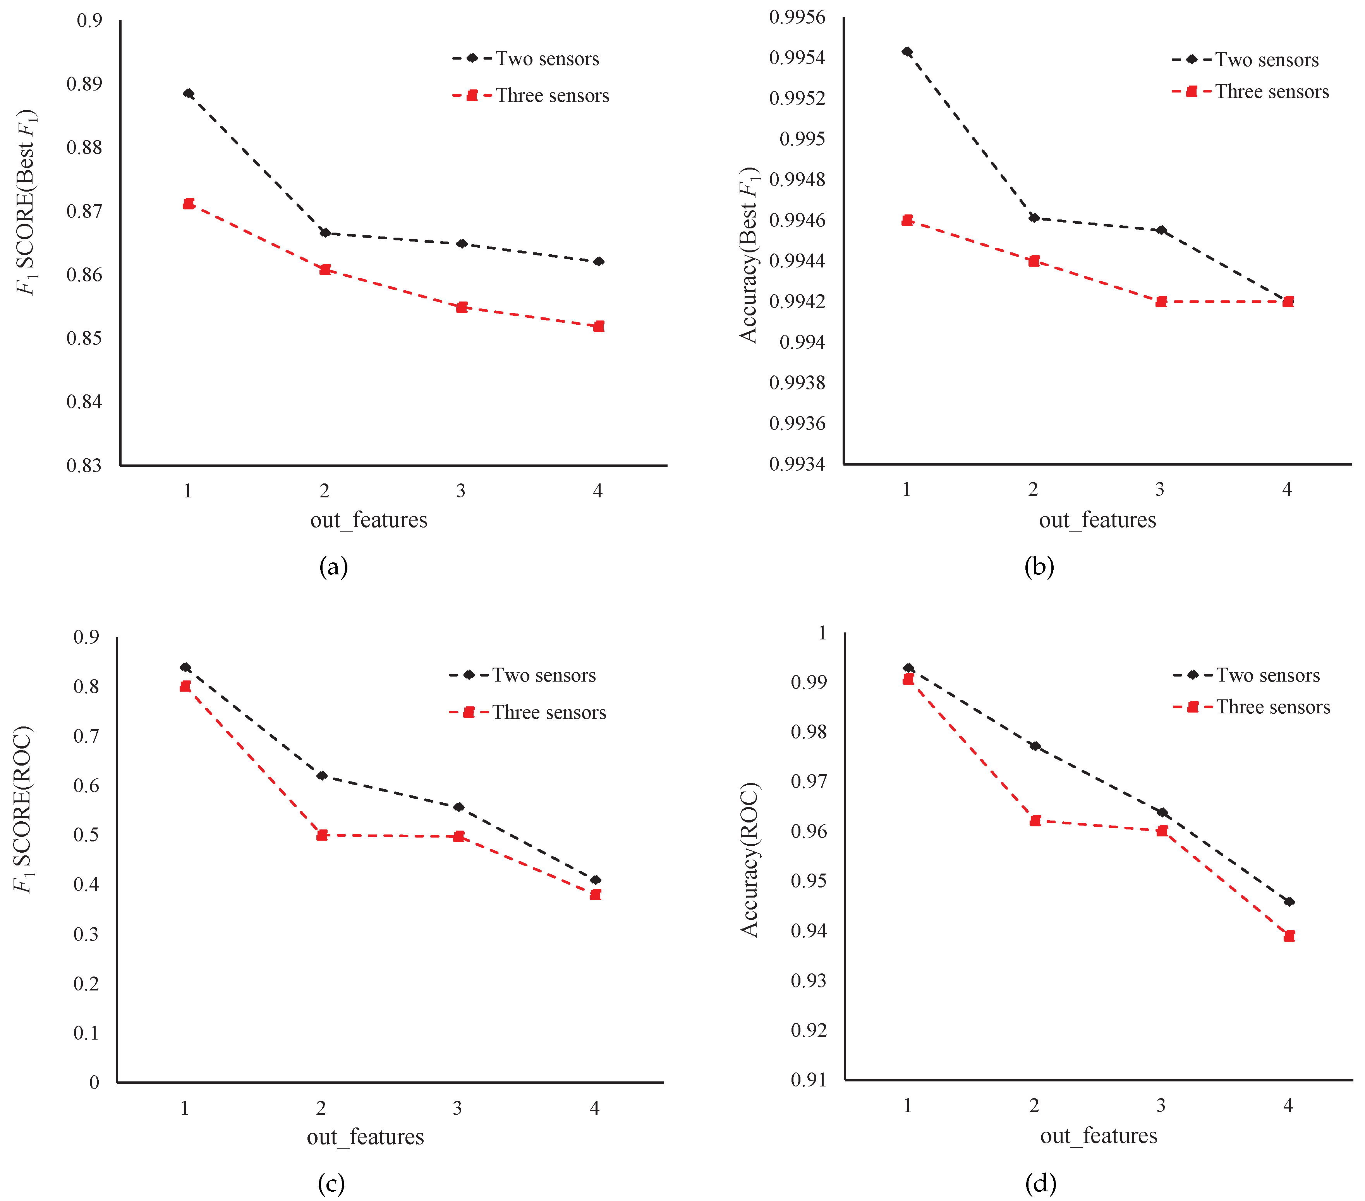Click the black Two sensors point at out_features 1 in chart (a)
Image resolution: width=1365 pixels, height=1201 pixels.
[188, 93]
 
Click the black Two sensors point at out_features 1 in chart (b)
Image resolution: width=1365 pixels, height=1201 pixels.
[907, 51]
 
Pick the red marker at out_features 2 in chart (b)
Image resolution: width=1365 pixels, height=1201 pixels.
[1034, 261]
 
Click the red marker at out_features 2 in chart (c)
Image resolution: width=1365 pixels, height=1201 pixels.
[322, 835]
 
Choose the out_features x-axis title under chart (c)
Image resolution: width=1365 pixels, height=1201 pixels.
[365, 1136]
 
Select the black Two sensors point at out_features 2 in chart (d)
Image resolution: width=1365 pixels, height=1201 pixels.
[1034, 746]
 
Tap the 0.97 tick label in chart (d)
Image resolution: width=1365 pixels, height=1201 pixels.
[808, 781]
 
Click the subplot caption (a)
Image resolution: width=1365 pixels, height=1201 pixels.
[333, 567]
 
